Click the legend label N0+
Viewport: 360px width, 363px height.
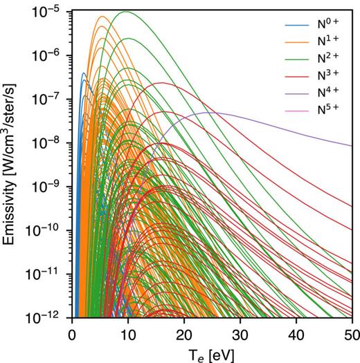(x=329, y=24)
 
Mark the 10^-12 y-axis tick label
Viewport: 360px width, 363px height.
(x=51, y=319)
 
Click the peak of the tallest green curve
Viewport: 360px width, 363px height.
(x=126, y=12)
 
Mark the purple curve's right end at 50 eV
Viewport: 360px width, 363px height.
(x=352, y=146)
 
